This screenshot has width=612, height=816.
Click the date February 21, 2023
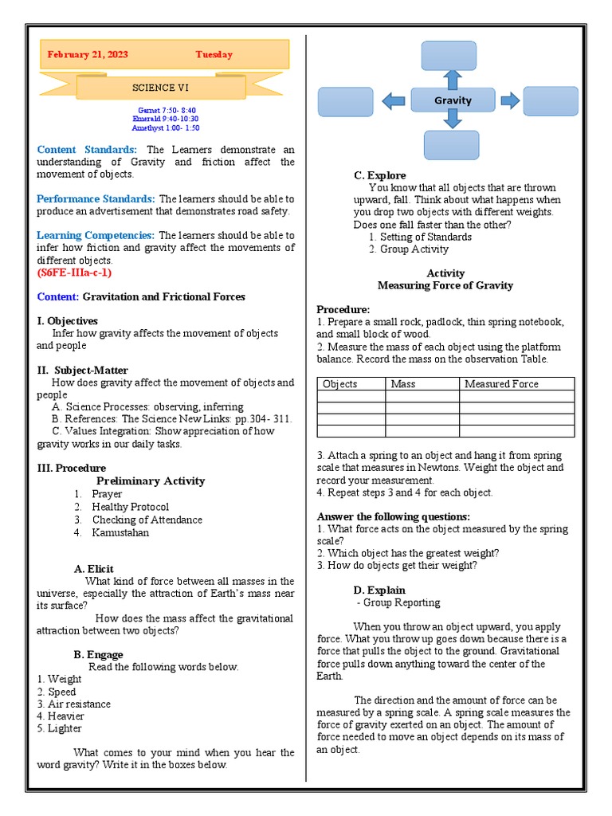tap(88, 55)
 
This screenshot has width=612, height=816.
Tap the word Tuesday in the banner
tap(214, 55)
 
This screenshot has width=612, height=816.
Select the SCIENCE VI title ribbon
tap(160, 87)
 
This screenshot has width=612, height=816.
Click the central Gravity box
tap(453, 100)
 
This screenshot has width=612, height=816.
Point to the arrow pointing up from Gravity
tap(452, 79)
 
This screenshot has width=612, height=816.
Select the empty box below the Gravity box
tap(452, 145)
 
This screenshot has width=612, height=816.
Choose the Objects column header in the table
tap(340, 384)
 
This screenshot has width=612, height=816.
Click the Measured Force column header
tap(501, 384)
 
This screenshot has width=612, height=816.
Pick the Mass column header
tap(403, 384)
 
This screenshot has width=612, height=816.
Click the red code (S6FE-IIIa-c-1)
tap(74, 273)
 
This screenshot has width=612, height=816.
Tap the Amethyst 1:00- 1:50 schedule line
tap(167, 127)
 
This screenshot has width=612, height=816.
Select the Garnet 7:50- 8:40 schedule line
tap(167, 110)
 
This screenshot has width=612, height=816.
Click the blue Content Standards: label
tap(87, 150)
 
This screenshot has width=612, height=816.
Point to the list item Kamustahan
tap(120, 532)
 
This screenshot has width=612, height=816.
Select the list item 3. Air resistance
tap(73, 704)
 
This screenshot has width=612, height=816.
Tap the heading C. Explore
tap(379, 175)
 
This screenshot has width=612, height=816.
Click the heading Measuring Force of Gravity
tap(445, 285)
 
